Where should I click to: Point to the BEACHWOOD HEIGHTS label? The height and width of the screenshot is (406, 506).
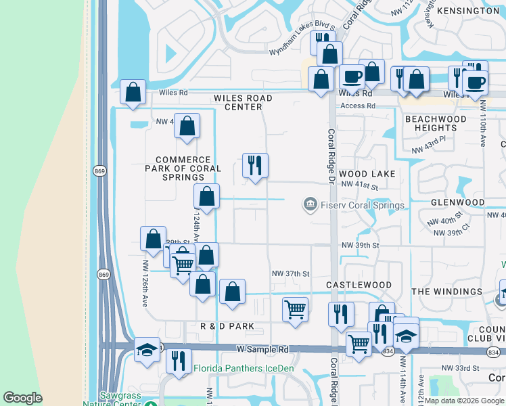(x=436, y=123)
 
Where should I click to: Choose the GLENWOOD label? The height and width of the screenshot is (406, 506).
(x=457, y=202)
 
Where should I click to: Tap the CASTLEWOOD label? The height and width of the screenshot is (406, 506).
(x=359, y=286)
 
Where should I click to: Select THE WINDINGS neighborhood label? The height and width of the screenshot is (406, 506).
(x=447, y=292)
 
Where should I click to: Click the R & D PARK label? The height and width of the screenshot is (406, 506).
(x=227, y=326)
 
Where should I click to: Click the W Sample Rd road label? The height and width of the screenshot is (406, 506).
(x=262, y=349)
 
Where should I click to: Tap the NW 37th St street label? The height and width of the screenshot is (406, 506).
(x=290, y=273)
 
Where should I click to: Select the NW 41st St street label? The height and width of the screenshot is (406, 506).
(x=359, y=185)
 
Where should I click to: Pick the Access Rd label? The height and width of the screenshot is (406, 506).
(x=357, y=106)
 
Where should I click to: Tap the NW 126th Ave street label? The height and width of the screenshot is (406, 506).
(x=145, y=284)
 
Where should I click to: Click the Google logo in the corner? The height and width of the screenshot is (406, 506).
(x=23, y=398)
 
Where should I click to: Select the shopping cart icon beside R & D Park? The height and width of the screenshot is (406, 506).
(x=295, y=310)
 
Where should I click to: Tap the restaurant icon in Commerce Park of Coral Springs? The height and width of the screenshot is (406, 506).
(x=255, y=165)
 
